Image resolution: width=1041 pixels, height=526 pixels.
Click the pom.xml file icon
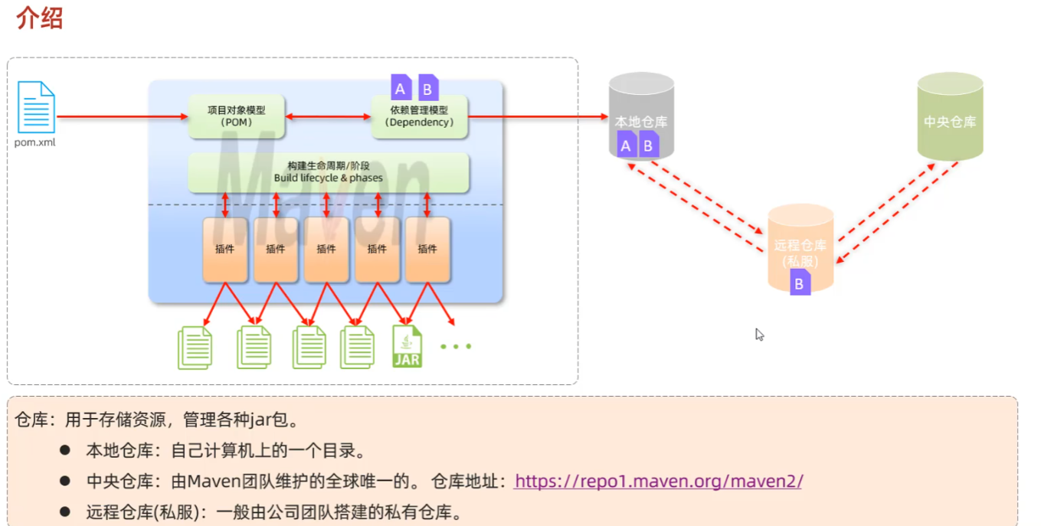[x=36, y=107]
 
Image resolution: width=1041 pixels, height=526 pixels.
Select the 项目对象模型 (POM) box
[x=236, y=116]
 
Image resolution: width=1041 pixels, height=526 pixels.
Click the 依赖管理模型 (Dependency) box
[x=420, y=117]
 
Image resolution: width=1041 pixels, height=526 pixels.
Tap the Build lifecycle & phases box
[x=328, y=172]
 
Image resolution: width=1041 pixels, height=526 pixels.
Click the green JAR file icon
[x=407, y=346]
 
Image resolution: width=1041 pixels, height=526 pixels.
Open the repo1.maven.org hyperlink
[x=658, y=481]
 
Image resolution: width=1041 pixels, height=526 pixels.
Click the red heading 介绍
[x=39, y=18]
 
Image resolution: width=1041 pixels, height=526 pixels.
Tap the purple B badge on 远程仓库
[x=800, y=284]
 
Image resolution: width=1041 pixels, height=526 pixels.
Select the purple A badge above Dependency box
[x=400, y=88]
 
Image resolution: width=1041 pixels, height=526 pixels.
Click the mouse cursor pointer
[x=759, y=335]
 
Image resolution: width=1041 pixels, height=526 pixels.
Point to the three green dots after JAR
[x=456, y=347]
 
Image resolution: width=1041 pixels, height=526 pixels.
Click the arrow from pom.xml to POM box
[x=123, y=117]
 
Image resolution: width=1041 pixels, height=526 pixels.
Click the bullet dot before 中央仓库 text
[x=65, y=481]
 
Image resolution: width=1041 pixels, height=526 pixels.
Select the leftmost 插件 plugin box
[x=225, y=250]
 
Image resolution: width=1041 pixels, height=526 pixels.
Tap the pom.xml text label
[x=35, y=142]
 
